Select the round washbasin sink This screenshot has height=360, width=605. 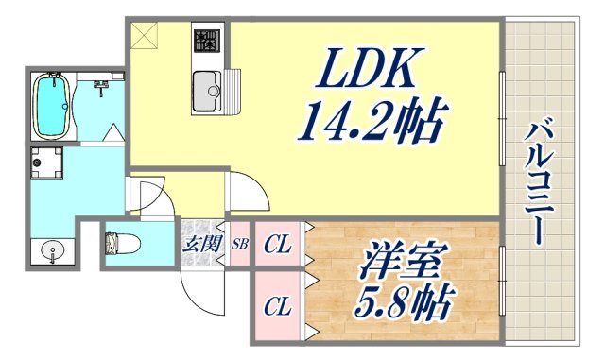(x=54, y=253)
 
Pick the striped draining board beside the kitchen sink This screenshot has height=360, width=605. (x=234, y=94)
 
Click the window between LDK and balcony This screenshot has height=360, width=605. (x=501, y=118)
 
